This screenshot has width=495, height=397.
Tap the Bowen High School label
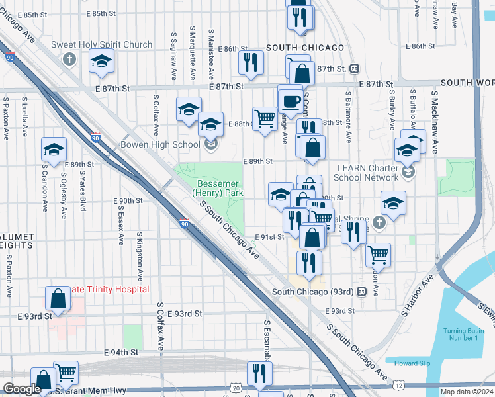160,144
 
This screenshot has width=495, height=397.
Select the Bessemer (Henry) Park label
218,188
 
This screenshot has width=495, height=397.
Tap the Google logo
22,389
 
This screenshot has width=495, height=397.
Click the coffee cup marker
290,101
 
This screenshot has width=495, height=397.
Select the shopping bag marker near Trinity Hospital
58,298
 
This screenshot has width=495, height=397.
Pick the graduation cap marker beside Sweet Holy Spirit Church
101,62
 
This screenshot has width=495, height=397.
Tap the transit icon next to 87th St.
355,68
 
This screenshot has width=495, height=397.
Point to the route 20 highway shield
236,388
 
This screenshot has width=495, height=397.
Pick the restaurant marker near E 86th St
251,62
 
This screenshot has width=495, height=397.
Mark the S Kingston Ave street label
140,257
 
